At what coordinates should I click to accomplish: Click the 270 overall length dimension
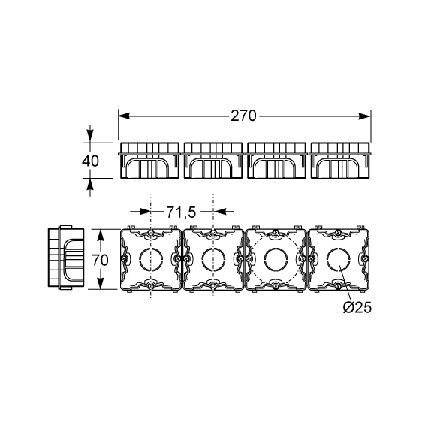tap(243, 116)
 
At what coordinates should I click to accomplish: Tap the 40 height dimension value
tap(90, 161)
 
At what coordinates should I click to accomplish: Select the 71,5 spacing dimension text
tap(181, 212)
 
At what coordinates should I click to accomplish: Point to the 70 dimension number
tap(100, 261)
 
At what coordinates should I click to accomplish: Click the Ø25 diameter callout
tap(357, 308)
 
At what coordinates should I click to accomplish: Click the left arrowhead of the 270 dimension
tap(124, 116)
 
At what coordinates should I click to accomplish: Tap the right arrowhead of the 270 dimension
tap(364, 116)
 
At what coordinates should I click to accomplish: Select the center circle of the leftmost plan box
tap(151, 259)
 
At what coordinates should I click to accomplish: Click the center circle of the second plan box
tap(213, 259)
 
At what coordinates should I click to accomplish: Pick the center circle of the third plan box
tap(276, 259)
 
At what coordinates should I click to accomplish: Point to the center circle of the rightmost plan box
tap(338, 259)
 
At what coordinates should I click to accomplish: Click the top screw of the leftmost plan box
tap(151, 232)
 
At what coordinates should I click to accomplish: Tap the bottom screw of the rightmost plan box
tap(338, 285)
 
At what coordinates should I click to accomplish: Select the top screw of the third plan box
tap(276, 232)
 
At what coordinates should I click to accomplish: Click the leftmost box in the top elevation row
tap(149, 161)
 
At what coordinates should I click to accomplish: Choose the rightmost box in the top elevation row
tap(340, 161)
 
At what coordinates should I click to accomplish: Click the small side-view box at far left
tap(66, 257)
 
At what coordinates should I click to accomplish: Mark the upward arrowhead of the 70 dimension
tap(101, 235)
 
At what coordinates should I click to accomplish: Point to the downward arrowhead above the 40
tap(90, 136)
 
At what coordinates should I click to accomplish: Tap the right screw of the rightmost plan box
tap(366, 258)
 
